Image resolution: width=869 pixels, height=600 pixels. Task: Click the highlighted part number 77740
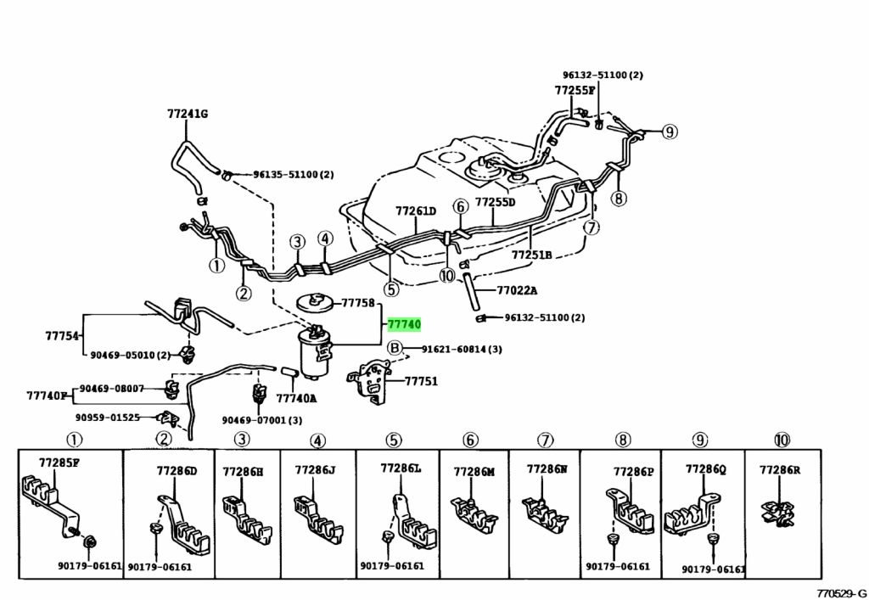pos(404,324)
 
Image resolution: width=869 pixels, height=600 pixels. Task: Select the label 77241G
pos(187,113)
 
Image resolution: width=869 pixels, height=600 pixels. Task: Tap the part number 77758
pos(358,303)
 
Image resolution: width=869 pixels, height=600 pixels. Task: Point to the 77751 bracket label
pos(421,382)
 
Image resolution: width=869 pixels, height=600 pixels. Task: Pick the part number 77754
pos(62,335)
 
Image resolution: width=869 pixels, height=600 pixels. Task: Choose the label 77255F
pos(575,90)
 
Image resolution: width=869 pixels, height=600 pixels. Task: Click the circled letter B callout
pos(394,348)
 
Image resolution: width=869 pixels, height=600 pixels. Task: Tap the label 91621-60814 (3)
pos(462,349)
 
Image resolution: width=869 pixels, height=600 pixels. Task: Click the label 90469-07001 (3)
pos(262,420)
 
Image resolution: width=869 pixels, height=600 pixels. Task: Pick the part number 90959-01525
pos(106,418)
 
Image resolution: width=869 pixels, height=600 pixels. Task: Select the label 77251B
pos(532,255)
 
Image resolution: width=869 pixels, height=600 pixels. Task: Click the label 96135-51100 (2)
pos(293,175)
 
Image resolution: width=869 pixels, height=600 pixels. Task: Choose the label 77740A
pos(297,398)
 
